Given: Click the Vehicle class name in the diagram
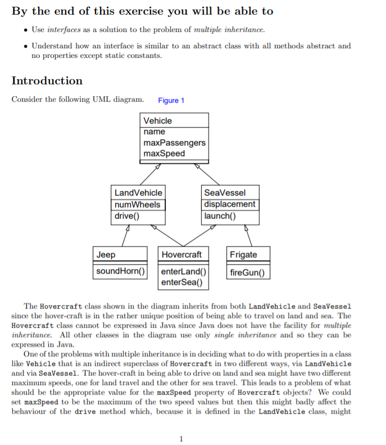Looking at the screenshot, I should click(x=158, y=121).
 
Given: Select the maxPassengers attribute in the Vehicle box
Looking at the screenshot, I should click(x=174, y=143).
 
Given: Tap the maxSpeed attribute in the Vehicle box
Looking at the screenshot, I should click(x=164, y=153).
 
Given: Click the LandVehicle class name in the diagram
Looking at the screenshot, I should click(x=138, y=193).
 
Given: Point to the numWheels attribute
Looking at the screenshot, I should click(x=138, y=205).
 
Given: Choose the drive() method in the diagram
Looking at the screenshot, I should click(x=128, y=216).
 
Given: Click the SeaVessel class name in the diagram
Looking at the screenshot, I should click(x=225, y=193).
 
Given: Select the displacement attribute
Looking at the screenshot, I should click(x=230, y=205).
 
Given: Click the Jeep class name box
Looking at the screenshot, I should click(x=106, y=255).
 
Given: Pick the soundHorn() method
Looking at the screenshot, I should click(x=121, y=271).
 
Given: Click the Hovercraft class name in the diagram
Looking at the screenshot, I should click(x=181, y=255).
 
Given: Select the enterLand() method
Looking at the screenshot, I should click(x=184, y=271).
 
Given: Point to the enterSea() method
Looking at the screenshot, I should click(x=181, y=281).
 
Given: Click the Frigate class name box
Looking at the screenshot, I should click(x=243, y=255).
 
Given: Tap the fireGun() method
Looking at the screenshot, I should click(x=247, y=274).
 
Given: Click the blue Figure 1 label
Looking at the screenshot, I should click(x=171, y=101).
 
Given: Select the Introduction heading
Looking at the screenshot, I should click(x=47, y=80).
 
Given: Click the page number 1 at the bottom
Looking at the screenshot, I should click(x=181, y=439).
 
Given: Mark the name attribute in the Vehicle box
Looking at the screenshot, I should click(x=155, y=131).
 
